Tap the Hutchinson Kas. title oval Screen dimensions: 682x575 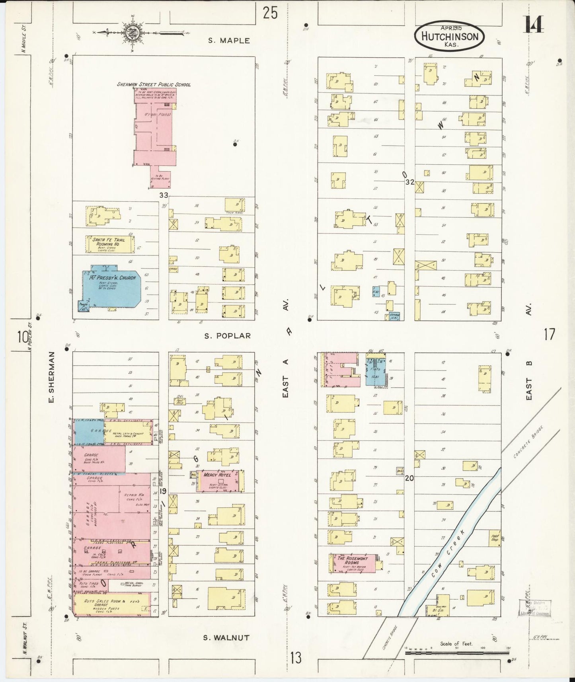coord(449,37)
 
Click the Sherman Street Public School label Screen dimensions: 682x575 coord(154,84)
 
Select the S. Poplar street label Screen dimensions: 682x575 coord(228,336)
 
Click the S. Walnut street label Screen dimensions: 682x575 coord(226,637)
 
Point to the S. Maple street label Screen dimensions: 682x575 coord(229,41)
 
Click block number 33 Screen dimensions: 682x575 coord(164,195)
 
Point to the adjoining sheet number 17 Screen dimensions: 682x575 coord(549,335)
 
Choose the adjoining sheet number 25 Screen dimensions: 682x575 coord(270,13)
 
